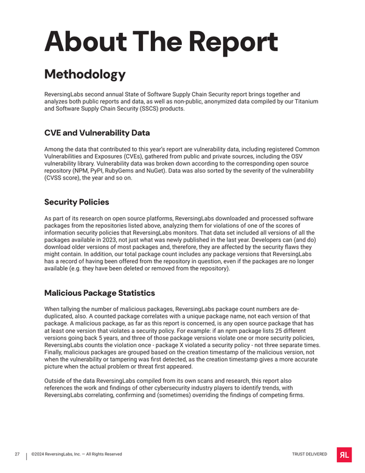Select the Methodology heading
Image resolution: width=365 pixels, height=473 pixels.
[85, 74]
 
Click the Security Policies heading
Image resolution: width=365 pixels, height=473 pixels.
[77, 201]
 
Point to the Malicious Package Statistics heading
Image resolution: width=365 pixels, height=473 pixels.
[100, 293]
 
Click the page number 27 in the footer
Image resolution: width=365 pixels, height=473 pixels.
[18, 454]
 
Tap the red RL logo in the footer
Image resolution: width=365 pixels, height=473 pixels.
[344, 454]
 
